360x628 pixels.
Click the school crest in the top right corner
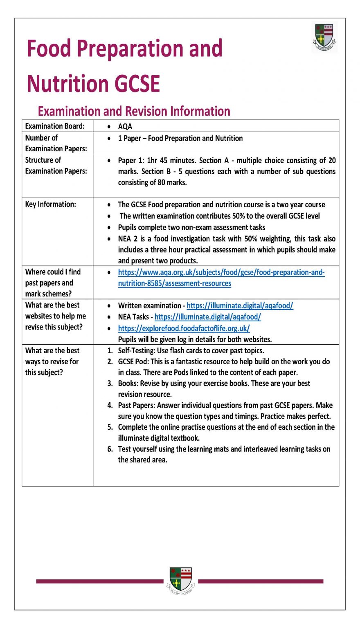click(324, 37)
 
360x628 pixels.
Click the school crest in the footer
click(180, 580)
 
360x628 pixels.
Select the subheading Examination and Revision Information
click(134, 111)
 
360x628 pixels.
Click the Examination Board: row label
click(55, 126)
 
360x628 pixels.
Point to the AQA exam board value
click(125, 127)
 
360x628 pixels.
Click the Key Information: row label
click(50, 204)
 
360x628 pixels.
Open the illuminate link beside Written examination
click(240, 305)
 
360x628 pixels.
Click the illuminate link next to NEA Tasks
click(207, 316)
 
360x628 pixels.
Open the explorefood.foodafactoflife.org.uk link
click(184, 328)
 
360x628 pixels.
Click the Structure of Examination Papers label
click(56, 165)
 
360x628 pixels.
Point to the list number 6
click(110, 449)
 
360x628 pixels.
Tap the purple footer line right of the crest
click(261, 581)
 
